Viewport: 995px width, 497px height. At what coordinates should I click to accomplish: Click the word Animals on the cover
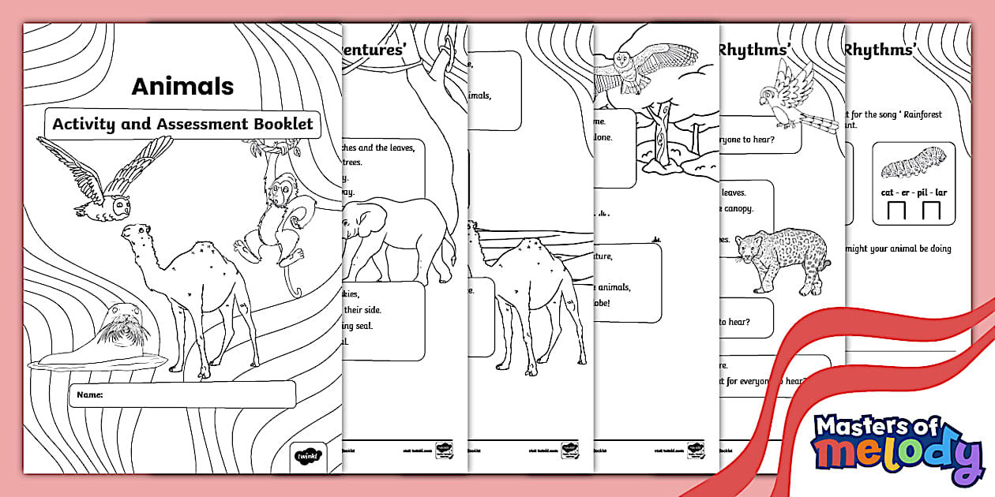pos(182,86)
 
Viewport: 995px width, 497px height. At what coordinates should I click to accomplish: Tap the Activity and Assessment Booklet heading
pos(182,124)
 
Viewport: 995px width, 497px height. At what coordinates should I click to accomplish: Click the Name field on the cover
pos(182,394)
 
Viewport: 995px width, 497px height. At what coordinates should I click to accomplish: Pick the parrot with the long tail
pos(794,99)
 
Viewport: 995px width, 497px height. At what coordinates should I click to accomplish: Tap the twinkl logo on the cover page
pos(306,455)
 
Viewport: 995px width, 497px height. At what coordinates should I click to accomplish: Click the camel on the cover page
pos(190,292)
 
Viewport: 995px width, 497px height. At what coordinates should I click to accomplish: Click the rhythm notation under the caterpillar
pos(913,211)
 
